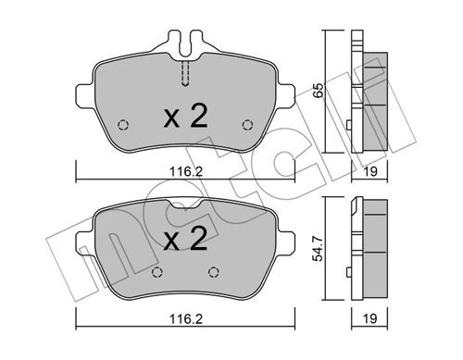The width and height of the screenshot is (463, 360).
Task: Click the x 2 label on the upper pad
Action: [x=185, y=116]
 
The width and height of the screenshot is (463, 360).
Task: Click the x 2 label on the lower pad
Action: [x=185, y=238]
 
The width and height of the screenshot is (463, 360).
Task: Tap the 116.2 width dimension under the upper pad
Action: [x=186, y=171]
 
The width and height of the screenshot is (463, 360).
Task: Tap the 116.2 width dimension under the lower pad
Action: [x=186, y=319]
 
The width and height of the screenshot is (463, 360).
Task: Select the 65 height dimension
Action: [x=318, y=91]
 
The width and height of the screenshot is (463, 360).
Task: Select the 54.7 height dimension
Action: [x=318, y=248]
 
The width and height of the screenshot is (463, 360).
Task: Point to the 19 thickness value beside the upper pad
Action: [x=370, y=171]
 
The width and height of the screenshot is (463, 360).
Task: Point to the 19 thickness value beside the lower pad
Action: [x=370, y=319]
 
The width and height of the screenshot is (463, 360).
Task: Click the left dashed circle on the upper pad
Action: [x=123, y=125]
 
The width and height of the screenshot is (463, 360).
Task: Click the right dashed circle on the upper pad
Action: [x=247, y=125]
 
